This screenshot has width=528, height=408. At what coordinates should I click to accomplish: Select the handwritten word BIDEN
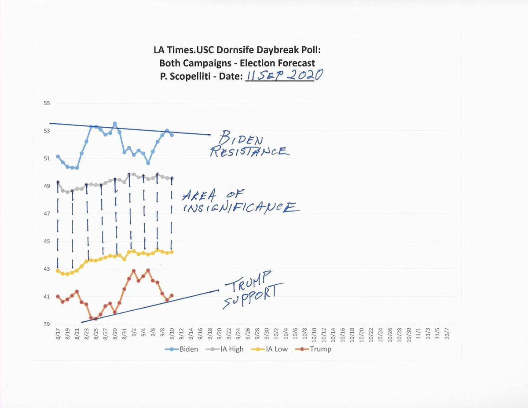click(x=243, y=140)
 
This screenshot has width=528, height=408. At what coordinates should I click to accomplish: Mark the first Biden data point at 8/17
click(x=58, y=157)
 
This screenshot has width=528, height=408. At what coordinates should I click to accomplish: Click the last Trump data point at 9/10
click(x=171, y=295)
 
